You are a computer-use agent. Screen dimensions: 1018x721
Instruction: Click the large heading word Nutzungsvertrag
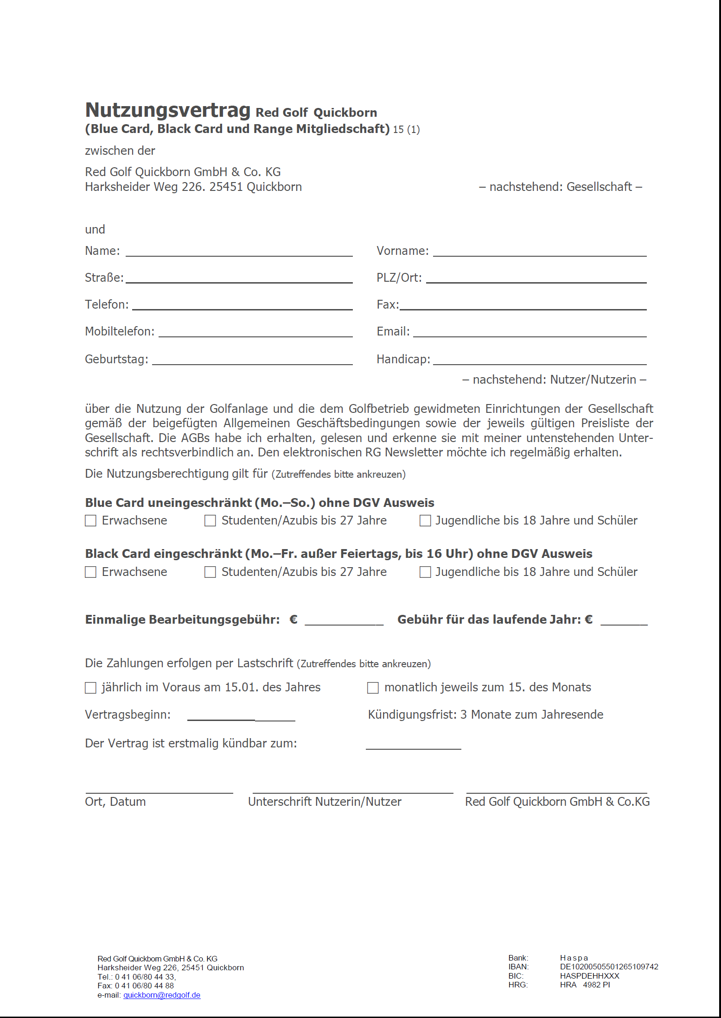[x=167, y=110]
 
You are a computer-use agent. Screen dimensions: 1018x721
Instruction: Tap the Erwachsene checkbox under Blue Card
[x=90, y=521]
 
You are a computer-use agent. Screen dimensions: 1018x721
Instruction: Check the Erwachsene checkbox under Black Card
[x=90, y=572]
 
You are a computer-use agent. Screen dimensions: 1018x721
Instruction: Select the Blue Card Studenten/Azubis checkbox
[x=210, y=521]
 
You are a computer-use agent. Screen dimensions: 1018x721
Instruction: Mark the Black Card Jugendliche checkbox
[x=425, y=572]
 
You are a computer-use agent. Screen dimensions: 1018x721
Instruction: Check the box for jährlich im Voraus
[x=90, y=688]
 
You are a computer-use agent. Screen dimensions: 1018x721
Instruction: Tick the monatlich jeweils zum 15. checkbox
[x=372, y=688]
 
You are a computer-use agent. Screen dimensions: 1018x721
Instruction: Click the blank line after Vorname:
[x=539, y=252]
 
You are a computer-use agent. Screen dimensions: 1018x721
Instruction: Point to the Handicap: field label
[x=403, y=359]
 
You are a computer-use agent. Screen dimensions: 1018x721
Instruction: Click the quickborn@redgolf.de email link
[x=162, y=995]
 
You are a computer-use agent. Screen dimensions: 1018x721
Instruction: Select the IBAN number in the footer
[x=609, y=967]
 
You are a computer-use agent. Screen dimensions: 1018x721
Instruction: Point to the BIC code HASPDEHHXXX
[x=589, y=976]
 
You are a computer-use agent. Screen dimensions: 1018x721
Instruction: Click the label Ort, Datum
[x=115, y=802]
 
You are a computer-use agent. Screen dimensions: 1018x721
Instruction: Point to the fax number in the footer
[x=144, y=986]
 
